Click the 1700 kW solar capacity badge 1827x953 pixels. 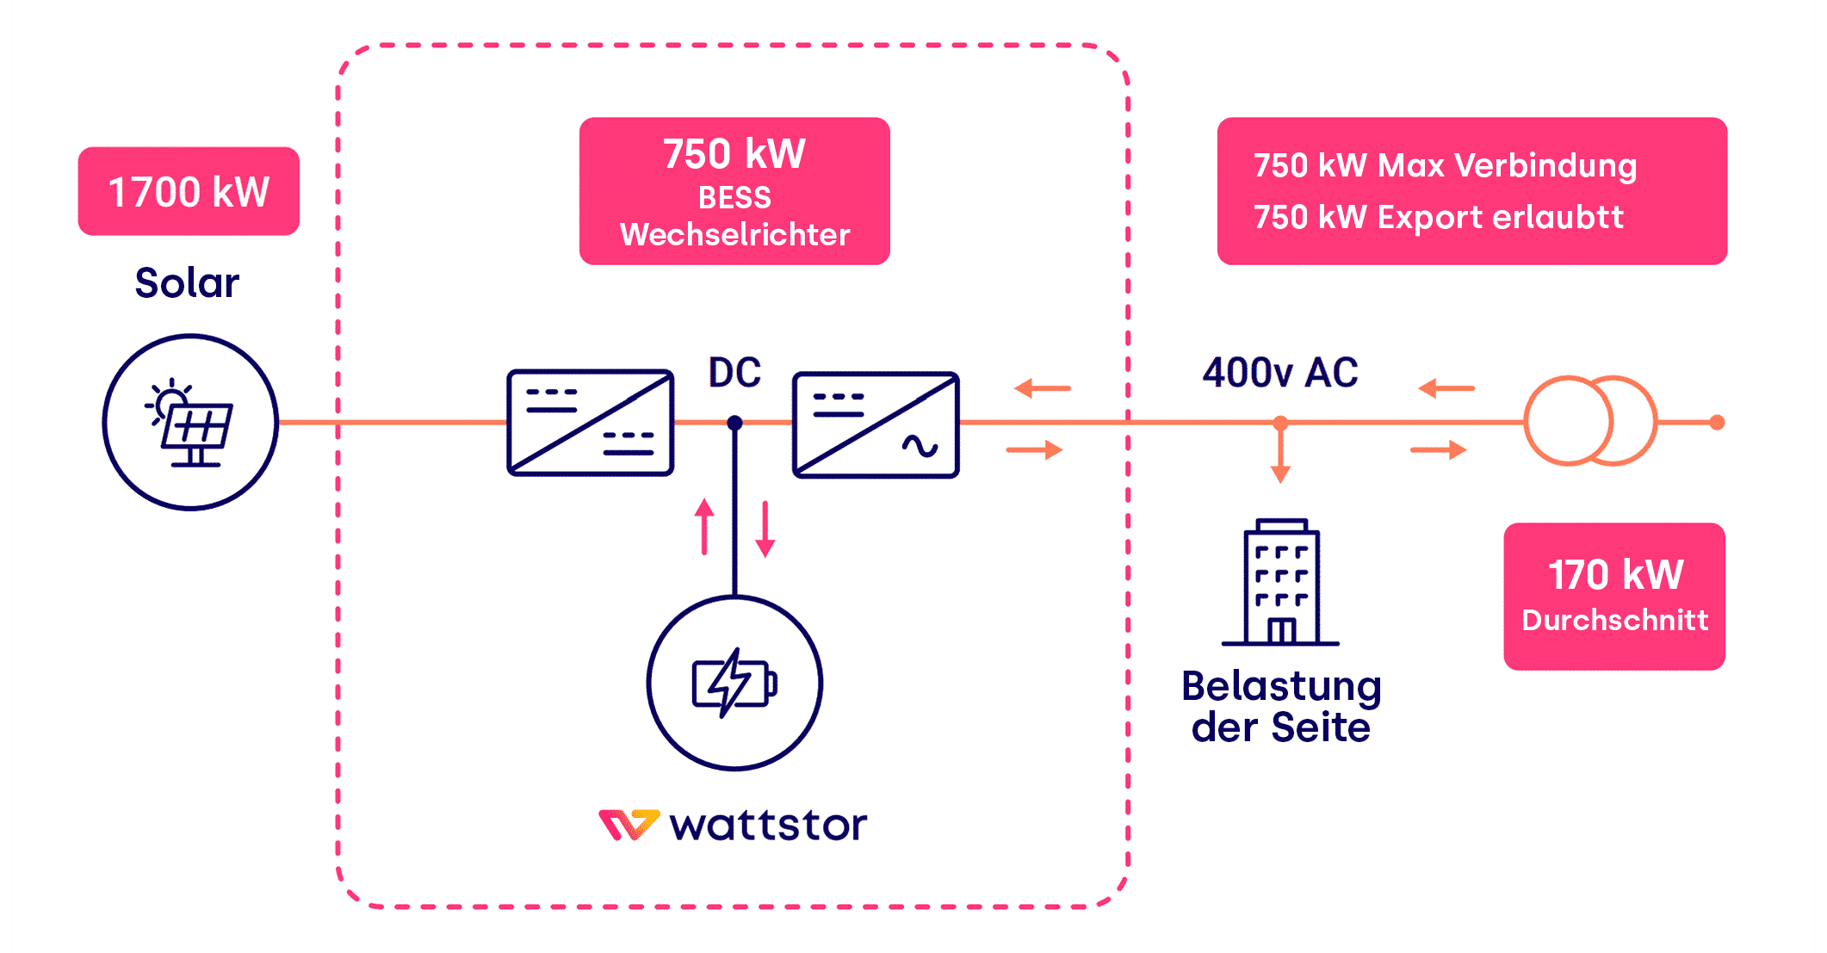tap(189, 191)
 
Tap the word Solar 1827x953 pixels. tap(187, 283)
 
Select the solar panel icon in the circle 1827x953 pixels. tap(190, 423)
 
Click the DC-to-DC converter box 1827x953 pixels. tap(591, 423)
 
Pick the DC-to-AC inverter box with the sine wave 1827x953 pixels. tap(876, 424)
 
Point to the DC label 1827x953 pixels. tap(734, 373)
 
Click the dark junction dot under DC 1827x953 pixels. tap(734, 423)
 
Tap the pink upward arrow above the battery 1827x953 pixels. tap(704, 526)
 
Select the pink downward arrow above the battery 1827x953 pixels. tap(765, 529)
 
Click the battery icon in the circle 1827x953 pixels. tap(734, 684)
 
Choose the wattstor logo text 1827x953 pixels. tap(768, 825)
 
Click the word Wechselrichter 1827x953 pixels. tap(734, 235)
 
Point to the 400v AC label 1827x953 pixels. tap(1280, 373)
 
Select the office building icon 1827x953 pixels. tap(1281, 582)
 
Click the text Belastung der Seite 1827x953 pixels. tap(1281, 707)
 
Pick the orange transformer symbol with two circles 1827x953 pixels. tap(1590, 421)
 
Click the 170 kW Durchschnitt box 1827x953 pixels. tap(1614, 596)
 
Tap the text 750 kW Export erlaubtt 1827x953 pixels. tap(1438, 218)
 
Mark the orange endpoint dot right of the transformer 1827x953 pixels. tap(1717, 423)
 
